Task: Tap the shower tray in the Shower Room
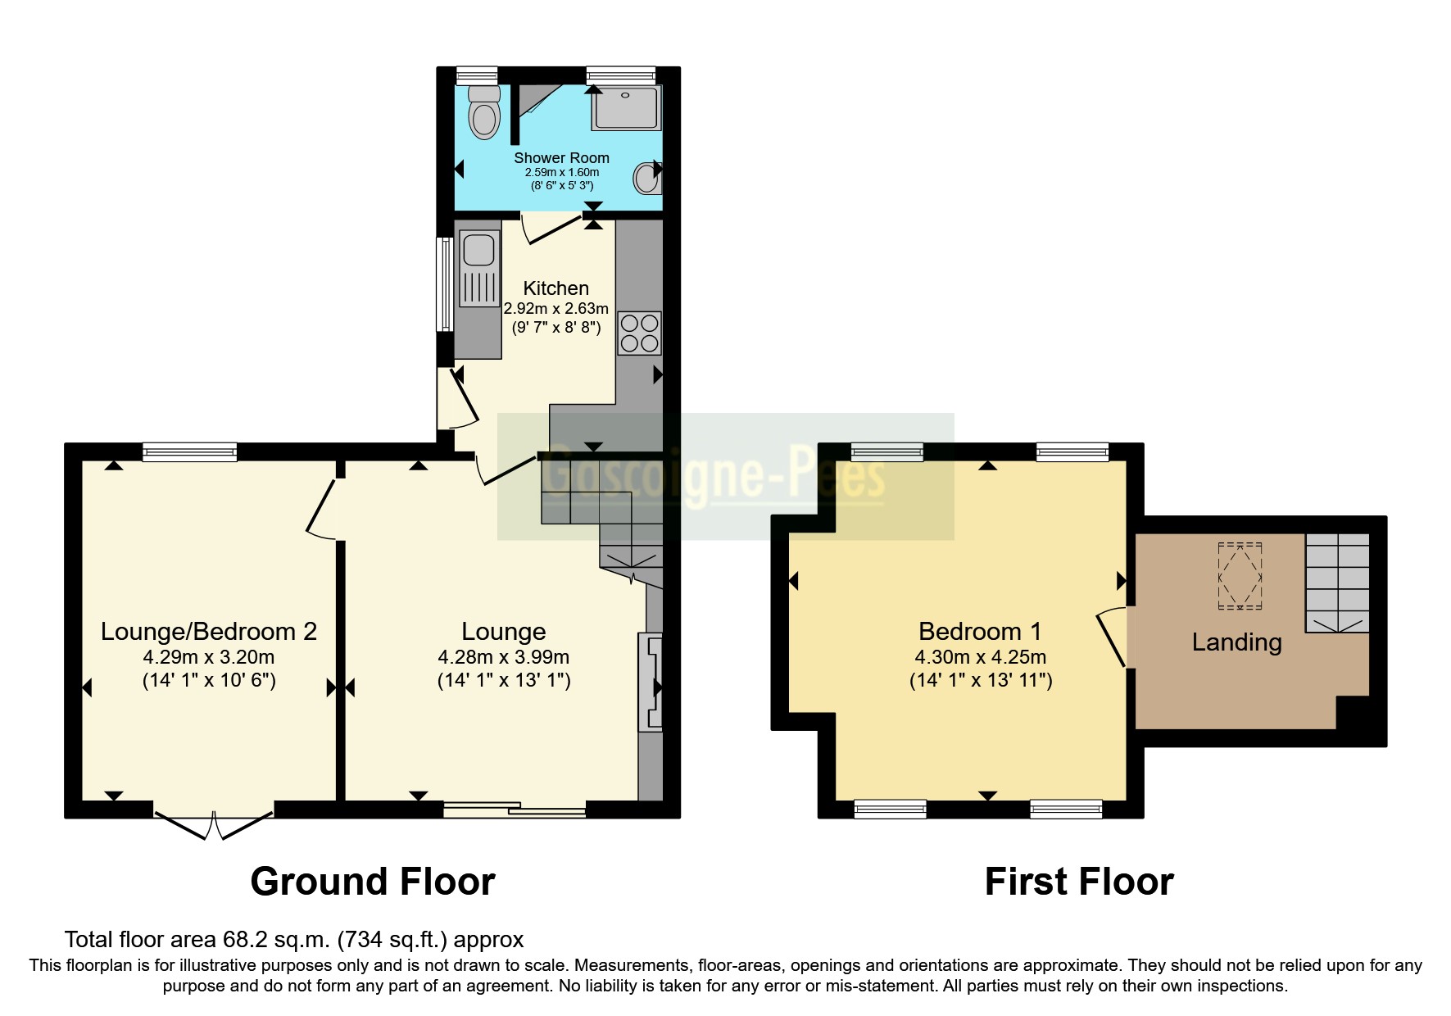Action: click(x=626, y=109)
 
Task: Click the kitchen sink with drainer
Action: click(x=479, y=269)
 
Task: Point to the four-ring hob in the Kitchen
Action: click(x=639, y=333)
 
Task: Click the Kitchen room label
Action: click(x=555, y=288)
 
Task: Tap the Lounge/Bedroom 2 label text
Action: click(x=208, y=632)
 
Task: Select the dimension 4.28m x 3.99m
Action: click(x=503, y=657)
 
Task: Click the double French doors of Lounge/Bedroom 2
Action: click(x=213, y=824)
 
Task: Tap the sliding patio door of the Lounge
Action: click(x=515, y=810)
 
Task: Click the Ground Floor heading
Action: click(x=372, y=882)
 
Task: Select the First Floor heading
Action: click(x=1078, y=882)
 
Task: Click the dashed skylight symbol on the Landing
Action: click(x=1240, y=576)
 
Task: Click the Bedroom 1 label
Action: click(x=980, y=632)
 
